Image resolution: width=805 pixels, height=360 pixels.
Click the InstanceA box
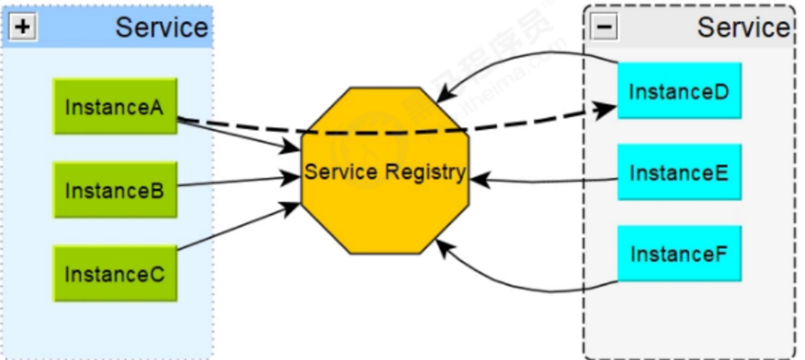click(115, 107)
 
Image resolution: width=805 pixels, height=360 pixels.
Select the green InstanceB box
click(115, 190)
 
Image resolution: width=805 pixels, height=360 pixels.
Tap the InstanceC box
click(115, 273)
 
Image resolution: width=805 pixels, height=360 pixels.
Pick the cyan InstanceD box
click(679, 91)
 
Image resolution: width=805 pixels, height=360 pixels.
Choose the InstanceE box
click(679, 172)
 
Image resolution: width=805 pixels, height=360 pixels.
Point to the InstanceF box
click(679, 253)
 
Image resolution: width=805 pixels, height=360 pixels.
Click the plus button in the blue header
click(22, 28)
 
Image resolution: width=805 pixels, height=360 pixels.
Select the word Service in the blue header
click(161, 28)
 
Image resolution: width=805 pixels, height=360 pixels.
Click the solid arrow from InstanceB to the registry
click(237, 182)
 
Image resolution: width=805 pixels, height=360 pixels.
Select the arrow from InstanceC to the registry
click(237, 228)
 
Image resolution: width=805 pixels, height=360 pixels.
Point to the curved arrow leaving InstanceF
click(527, 288)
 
